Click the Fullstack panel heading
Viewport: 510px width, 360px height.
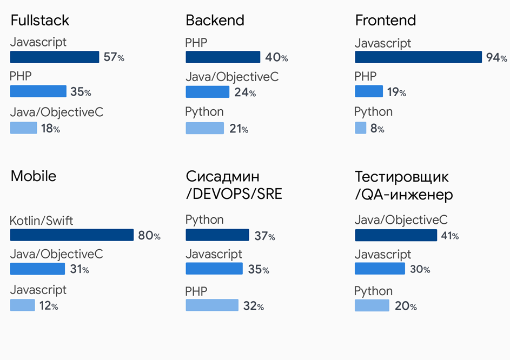click(40, 21)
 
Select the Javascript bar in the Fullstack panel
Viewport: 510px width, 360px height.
click(55, 57)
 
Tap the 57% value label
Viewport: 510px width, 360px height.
click(114, 57)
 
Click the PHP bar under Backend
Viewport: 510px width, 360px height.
click(223, 57)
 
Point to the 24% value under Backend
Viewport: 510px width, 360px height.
click(244, 92)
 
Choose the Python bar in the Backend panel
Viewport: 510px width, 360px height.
click(204, 128)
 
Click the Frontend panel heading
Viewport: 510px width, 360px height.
click(386, 21)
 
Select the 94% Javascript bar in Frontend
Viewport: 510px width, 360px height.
click(418, 57)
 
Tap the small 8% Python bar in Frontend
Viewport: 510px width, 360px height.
click(360, 128)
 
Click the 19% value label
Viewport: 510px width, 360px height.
click(396, 92)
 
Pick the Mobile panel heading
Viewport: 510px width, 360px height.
click(34, 176)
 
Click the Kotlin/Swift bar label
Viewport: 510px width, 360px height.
click(42, 221)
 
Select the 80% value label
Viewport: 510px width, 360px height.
click(149, 236)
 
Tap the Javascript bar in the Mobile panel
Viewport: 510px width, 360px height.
click(22, 305)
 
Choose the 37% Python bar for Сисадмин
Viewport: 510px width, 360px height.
click(217, 235)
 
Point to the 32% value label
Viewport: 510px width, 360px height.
click(253, 306)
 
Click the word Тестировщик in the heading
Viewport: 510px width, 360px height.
click(402, 177)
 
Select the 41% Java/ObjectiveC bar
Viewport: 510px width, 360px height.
click(396, 235)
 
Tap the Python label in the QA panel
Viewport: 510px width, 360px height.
click(373, 291)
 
